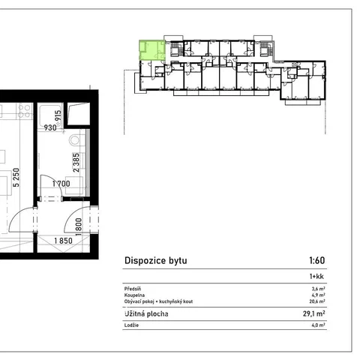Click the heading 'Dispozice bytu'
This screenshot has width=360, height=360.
[156, 260]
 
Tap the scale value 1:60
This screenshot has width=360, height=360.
[317, 260]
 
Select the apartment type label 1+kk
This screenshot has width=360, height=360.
[316, 276]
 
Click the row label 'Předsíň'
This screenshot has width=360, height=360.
[133, 289]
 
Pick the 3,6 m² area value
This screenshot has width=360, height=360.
[318, 289]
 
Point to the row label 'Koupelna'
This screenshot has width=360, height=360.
[134, 295]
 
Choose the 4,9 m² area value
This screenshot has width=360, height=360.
[318, 295]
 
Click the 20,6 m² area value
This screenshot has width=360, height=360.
[317, 301]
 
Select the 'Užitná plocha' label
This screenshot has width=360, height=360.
[146, 313]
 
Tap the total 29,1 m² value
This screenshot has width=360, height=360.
[314, 313]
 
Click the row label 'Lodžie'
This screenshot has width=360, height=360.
[131, 325]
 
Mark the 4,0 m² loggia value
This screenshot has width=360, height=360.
[318, 325]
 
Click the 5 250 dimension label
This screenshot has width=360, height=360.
[16, 178]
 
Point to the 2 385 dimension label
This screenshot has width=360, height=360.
[76, 163]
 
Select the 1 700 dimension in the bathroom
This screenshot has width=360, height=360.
[61, 184]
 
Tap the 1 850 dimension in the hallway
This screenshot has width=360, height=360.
[64, 241]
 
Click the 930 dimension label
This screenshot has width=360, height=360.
[50, 127]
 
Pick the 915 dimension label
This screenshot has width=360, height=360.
[58, 115]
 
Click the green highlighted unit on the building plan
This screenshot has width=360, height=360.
[152, 50]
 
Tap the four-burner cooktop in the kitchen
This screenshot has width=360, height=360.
[24, 111]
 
